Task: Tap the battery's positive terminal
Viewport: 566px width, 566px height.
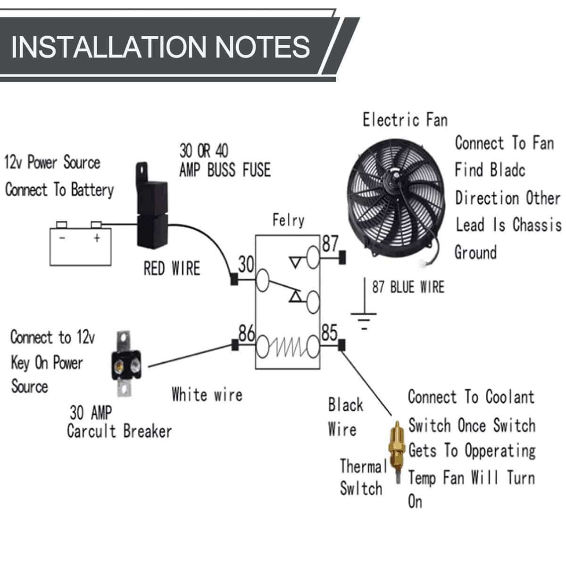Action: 97,225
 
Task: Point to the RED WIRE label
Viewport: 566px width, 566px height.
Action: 172,269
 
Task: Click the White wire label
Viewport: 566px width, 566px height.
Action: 207,394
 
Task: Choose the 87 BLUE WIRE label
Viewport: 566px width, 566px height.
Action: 408,287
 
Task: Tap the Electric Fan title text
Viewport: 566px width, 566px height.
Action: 405,120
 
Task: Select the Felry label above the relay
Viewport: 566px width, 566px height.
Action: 288,220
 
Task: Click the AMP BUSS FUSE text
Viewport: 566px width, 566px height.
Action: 225,170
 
